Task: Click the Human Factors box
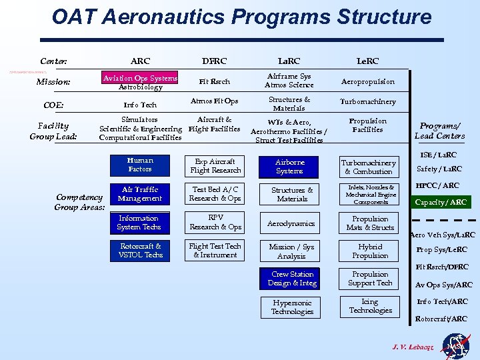click(x=140, y=165)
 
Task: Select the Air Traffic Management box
click(x=140, y=194)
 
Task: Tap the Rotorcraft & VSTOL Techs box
click(x=140, y=251)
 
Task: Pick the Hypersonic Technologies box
click(x=292, y=307)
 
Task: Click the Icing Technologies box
click(x=371, y=306)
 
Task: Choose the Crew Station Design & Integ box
click(x=292, y=279)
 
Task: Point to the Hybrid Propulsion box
click(x=371, y=251)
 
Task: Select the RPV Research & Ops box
click(x=215, y=222)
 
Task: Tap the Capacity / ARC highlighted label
click(x=441, y=202)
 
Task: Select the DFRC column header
click(x=215, y=61)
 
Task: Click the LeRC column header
click(x=367, y=61)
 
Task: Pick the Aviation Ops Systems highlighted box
click(x=140, y=78)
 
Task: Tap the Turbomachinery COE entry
click(x=367, y=102)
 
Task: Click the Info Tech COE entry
click(x=140, y=105)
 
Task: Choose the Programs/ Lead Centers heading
click(x=439, y=131)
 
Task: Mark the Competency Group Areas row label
click(x=79, y=202)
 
